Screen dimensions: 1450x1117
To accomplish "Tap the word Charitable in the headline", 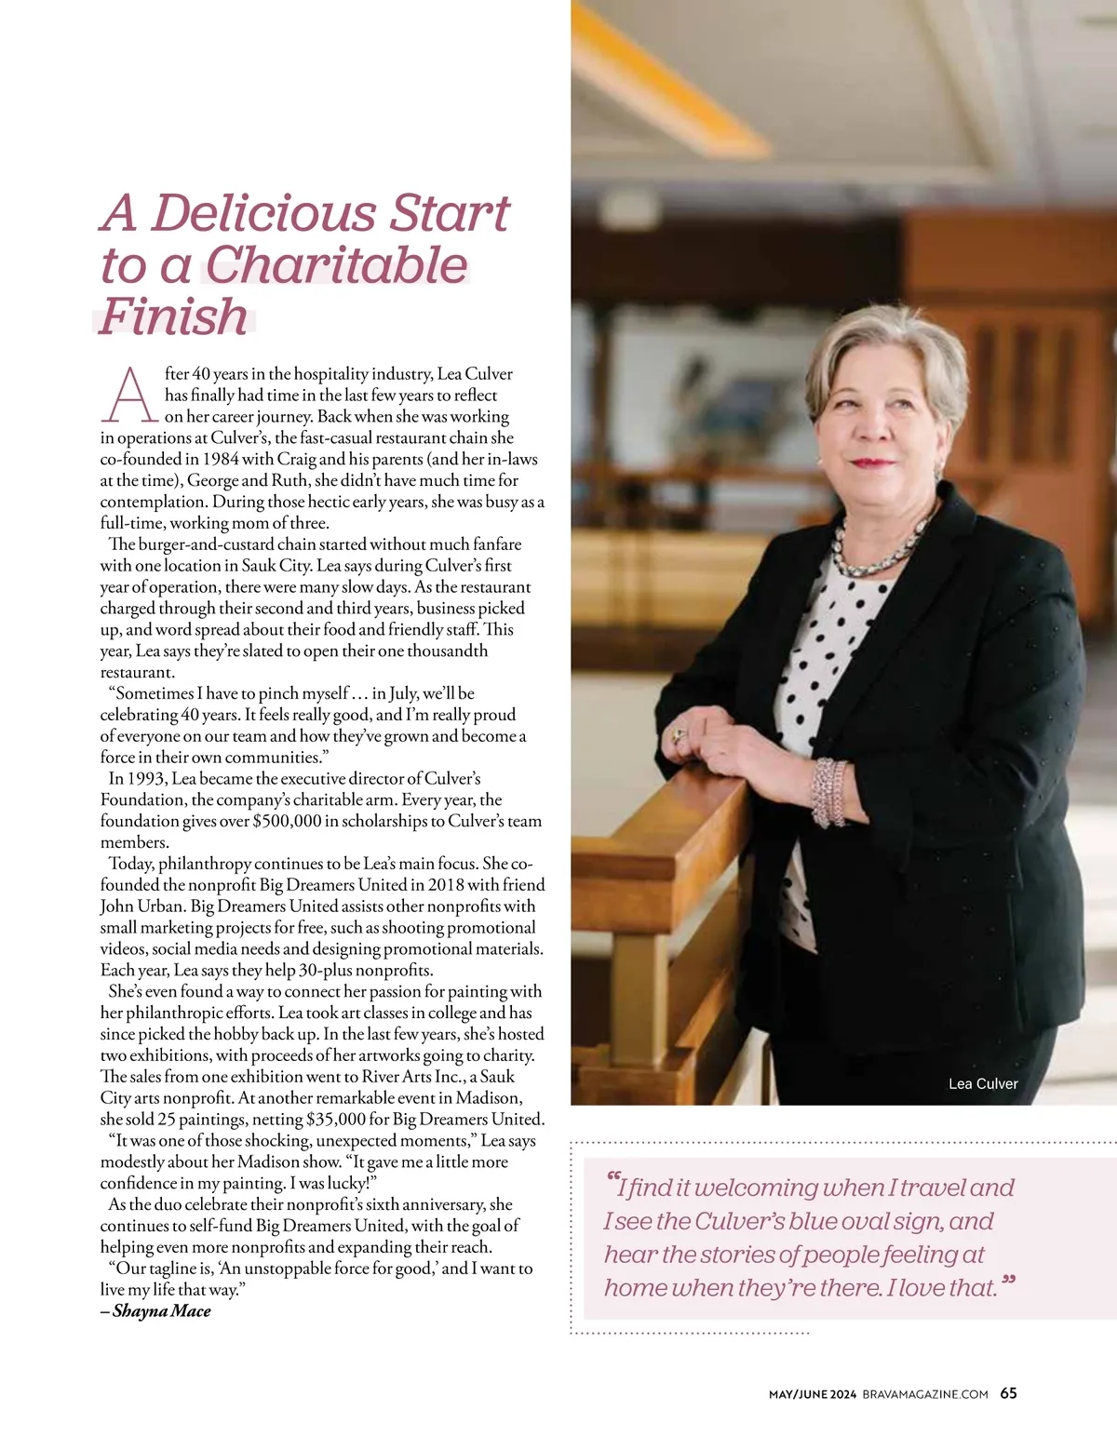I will tap(336, 265).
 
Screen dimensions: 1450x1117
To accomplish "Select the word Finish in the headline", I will tap(174, 316).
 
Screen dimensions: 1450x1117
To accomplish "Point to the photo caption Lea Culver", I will tap(983, 1083).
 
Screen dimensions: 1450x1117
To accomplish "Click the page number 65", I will tap(1009, 1393).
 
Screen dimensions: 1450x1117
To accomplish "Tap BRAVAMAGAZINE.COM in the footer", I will tap(925, 1394).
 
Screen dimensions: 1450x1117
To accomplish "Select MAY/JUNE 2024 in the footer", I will tap(812, 1394).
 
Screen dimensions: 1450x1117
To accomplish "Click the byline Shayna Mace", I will tap(161, 1311).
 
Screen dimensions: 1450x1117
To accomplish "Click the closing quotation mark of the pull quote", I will tap(1008, 1284).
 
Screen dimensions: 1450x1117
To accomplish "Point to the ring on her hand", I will tap(678, 735).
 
